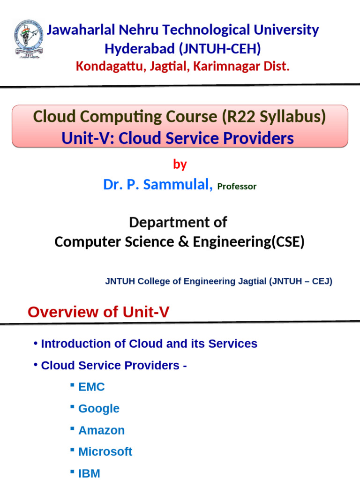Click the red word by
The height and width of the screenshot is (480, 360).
(x=180, y=165)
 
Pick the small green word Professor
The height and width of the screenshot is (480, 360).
(x=237, y=187)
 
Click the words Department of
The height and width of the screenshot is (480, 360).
(x=178, y=222)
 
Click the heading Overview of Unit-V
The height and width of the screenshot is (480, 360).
(x=98, y=312)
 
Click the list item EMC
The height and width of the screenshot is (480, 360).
(x=91, y=387)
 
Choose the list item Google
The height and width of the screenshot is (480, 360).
(x=98, y=408)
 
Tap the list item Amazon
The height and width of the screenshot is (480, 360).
(x=101, y=430)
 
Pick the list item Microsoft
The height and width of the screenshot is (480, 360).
(x=105, y=451)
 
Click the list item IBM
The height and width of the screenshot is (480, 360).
(x=89, y=473)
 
